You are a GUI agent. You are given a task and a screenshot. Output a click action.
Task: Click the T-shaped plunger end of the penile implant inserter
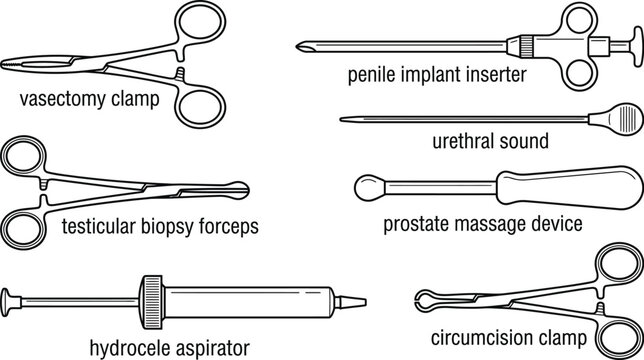[633, 45]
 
